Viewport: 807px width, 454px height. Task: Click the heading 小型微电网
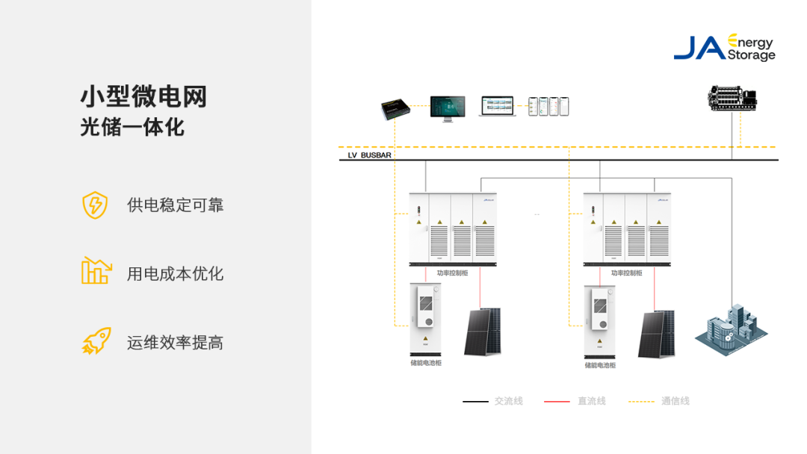(143, 96)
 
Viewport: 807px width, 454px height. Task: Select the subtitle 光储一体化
(132, 127)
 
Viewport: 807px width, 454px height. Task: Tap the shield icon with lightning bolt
(95, 205)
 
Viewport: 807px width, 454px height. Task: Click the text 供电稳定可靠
(175, 205)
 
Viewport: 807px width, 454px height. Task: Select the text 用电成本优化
(175, 274)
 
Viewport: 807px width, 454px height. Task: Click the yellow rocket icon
(96, 341)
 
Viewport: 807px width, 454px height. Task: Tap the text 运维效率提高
(175, 343)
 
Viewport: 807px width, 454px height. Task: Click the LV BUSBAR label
(369, 155)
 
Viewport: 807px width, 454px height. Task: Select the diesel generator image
(732, 99)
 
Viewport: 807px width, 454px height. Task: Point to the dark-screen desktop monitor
(447, 107)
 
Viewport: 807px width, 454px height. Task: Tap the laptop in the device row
(498, 107)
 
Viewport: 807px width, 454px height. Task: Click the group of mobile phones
(548, 106)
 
